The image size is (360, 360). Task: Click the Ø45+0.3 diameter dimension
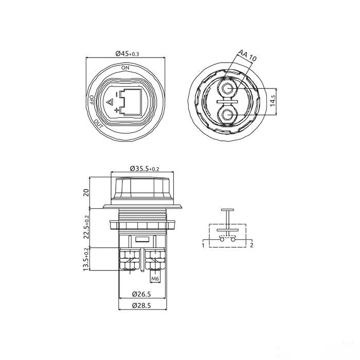pyautogui.click(x=127, y=54)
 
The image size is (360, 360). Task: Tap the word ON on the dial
pyautogui.click(x=125, y=68)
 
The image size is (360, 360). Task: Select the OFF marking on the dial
pyautogui.click(x=91, y=100)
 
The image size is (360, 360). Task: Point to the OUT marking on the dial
pyautogui.click(x=99, y=124)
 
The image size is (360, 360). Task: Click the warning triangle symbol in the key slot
pyautogui.click(x=110, y=102)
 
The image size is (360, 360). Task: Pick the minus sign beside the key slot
pyautogui.click(x=117, y=94)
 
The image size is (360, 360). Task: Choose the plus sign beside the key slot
pyautogui.click(x=117, y=111)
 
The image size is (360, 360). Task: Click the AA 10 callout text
pyautogui.click(x=247, y=56)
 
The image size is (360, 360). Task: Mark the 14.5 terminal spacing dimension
pyautogui.click(x=273, y=101)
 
